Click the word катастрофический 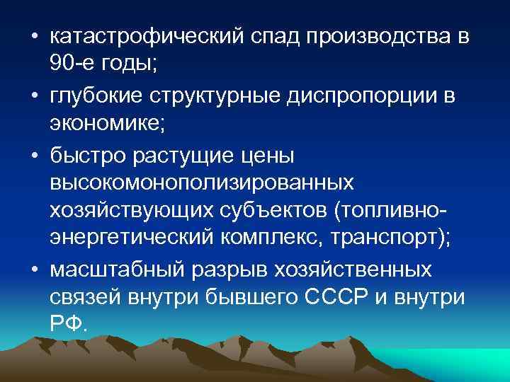(148, 36)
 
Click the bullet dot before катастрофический (35, 37)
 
